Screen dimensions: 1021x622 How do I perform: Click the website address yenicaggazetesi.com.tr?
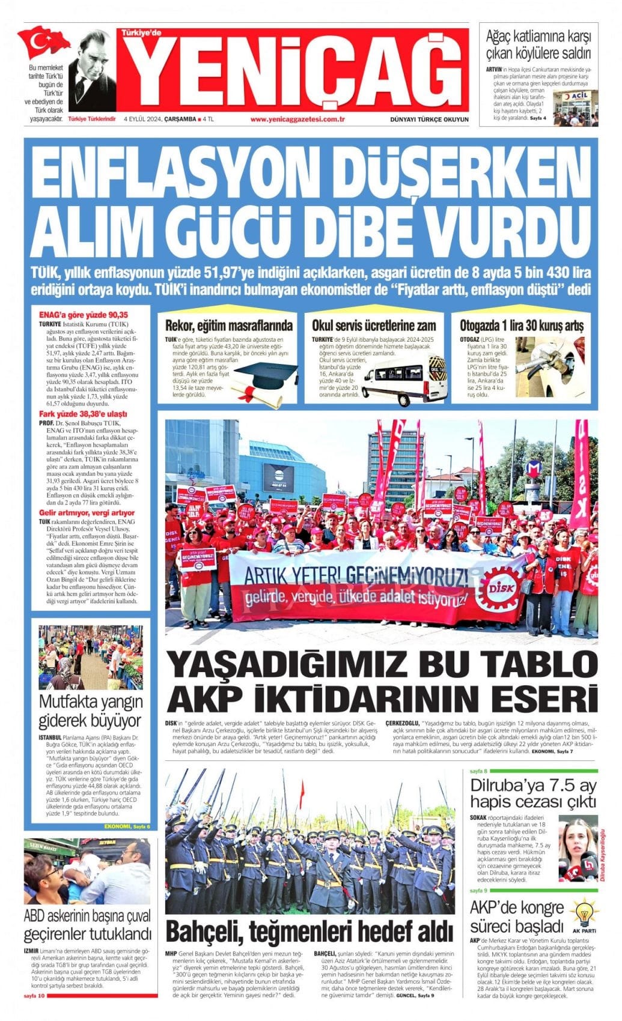coord(297,119)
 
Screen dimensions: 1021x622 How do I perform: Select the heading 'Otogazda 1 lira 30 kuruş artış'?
coord(521,326)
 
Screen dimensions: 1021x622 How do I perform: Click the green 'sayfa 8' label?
coord(478,771)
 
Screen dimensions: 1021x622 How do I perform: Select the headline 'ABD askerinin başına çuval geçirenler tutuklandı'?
coord(87,926)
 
